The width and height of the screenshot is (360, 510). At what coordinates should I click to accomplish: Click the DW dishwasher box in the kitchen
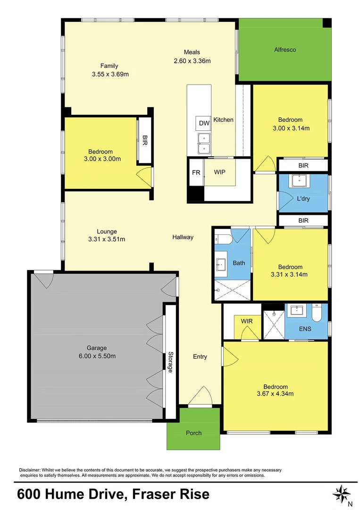click(204, 123)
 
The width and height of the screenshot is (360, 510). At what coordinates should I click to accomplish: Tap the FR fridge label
click(196, 172)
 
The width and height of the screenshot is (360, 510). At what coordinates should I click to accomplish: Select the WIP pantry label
click(219, 172)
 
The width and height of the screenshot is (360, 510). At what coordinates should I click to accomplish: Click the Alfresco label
click(285, 50)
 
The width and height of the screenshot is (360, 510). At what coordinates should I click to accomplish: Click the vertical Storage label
click(170, 362)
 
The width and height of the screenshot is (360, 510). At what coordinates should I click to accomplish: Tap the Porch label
click(193, 433)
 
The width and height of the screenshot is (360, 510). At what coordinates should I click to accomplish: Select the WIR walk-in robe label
click(247, 322)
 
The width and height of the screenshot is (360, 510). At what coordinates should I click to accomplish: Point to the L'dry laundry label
click(303, 199)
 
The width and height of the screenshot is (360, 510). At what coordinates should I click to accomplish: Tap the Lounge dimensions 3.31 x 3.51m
click(107, 239)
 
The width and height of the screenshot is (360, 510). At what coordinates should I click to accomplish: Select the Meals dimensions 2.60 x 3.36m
click(192, 60)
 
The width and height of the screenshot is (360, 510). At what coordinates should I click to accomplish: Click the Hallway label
click(183, 237)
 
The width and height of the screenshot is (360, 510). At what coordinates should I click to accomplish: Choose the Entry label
click(200, 357)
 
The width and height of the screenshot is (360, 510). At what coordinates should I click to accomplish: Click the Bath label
click(239, 263)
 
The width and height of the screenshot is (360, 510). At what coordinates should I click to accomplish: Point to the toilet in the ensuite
click(317, 312)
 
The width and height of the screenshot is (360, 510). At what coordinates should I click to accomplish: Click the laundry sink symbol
click(299, 182)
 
